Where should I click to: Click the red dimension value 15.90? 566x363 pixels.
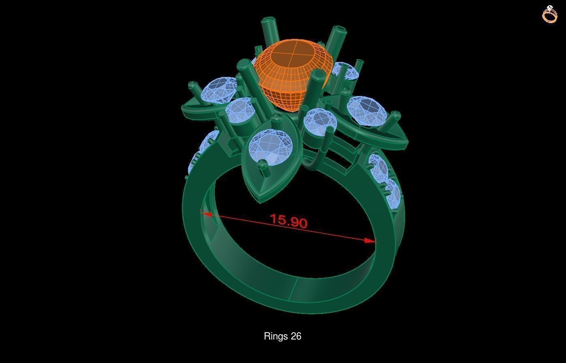tap(289, 221)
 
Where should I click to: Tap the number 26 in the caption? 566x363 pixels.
tap(296, 336)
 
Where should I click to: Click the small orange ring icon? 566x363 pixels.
tap(550, 15)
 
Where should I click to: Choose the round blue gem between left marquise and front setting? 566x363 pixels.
tap(240, 111)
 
